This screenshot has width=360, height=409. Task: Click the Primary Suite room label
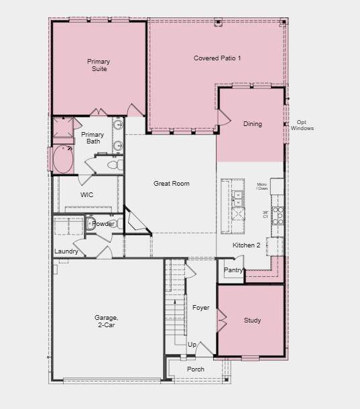[x=99, y=65]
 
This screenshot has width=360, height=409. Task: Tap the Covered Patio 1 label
[x=217, y=58]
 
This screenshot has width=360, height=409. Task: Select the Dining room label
[x=252, y=124]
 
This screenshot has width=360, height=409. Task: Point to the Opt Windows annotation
[x=302, y=125]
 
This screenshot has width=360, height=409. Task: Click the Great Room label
[x=171, y=184]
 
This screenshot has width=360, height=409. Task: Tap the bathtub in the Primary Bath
[x=64, y=160]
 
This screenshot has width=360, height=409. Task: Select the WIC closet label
[x=86, y=195]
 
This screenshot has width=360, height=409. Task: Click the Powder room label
[x=104, y=224]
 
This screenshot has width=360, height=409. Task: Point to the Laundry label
[x=66, y=251]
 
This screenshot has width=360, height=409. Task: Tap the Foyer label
[x=200, y=308]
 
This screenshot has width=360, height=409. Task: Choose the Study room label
[x=252, y=320]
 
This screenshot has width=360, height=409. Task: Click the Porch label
[x=195, y=369]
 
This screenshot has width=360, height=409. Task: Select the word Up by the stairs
[x=192, y=345]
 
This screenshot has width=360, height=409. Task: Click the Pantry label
[x=233, y=270]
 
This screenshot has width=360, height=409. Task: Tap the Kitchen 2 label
[x=246, y=245]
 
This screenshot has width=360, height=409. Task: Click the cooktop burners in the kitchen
[x=278, y=215]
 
